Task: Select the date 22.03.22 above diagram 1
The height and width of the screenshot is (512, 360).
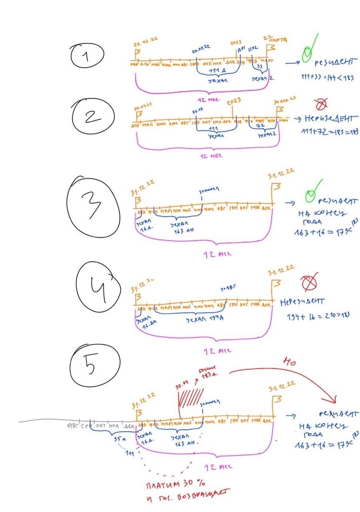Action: click(145, 42)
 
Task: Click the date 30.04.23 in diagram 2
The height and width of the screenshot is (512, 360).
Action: click(143, 105)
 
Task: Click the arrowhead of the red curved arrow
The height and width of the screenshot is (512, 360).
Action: click(334, 399)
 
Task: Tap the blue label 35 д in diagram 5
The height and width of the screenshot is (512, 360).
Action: click(117, 439)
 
